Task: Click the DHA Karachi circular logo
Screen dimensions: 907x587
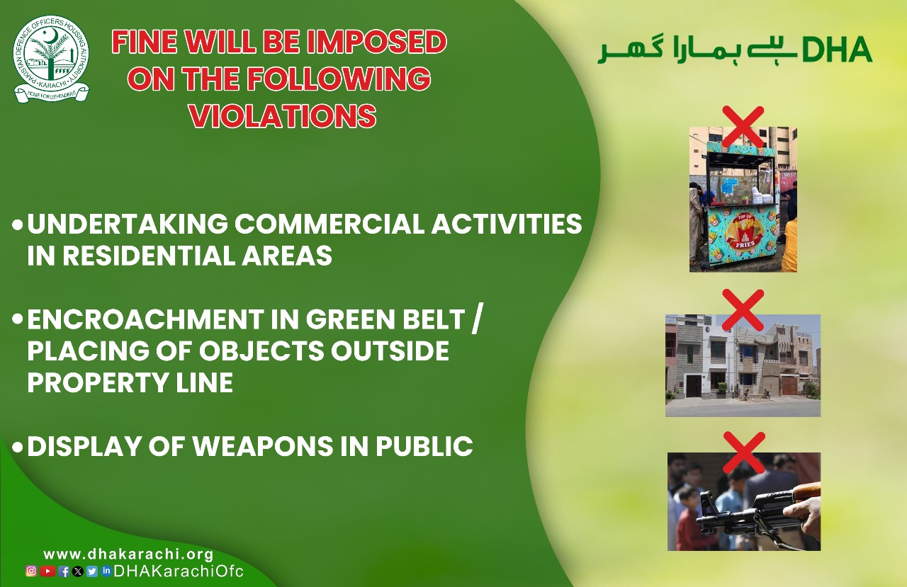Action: point(51,59)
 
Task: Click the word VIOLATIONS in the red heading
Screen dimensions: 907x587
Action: point(283,116)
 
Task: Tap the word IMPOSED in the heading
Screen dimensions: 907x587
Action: point(377,42)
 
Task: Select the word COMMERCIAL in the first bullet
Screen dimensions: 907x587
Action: point(329,223)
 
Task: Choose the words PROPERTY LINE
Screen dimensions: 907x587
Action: point(130,382)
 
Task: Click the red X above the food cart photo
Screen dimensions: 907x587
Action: point(743,127)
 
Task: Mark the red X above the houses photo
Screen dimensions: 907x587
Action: point(743,310)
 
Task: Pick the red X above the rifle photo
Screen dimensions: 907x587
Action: point(744,452)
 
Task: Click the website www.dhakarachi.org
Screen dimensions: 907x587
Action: point(128,554)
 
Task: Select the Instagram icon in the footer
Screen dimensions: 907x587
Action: point(31,571)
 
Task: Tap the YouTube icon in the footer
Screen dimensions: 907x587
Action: point(47,571)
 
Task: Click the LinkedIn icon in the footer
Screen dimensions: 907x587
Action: point(106,571)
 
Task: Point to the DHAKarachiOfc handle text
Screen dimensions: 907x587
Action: point(179,571)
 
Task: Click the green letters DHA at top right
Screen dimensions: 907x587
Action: point(837,50)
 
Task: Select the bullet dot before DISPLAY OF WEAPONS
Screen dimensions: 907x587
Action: point(18,447)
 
